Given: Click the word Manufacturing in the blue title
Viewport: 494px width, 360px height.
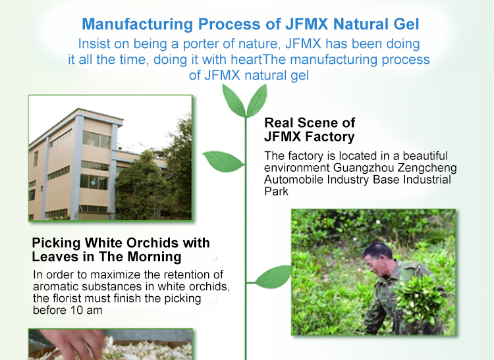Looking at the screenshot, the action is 138,24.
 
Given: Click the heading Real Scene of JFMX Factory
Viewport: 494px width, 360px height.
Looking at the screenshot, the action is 310,130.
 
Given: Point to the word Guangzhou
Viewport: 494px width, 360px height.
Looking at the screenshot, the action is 364,168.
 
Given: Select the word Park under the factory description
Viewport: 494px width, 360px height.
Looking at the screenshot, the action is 276,192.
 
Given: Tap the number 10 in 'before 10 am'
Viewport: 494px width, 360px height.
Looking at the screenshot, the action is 76,310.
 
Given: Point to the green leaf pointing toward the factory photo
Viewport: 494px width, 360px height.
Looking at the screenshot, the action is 223,161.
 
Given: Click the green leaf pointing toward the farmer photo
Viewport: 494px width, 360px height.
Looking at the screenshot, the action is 273,276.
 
